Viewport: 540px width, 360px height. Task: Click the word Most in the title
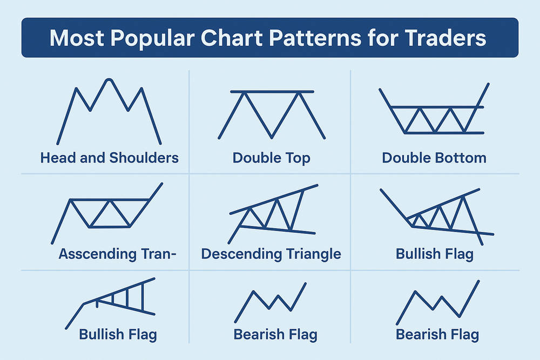point(77,38)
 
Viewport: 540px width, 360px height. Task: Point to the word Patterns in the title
point(315,38)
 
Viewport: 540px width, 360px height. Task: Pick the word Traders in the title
point(445,38)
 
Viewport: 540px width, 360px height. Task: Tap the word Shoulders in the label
point(144,158)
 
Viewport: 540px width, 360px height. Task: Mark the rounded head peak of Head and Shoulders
point(109,80)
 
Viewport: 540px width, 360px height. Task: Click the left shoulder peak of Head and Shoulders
point(76,89)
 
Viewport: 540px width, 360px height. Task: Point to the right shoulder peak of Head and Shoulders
point(141,89)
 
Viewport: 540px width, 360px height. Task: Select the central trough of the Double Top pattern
point(272,137)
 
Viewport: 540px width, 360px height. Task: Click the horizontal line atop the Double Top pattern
point(272,92)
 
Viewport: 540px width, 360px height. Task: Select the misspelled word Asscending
point(98,254)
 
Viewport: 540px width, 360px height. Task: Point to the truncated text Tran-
point(159,254)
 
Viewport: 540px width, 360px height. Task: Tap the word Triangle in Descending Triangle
point(313,254)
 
